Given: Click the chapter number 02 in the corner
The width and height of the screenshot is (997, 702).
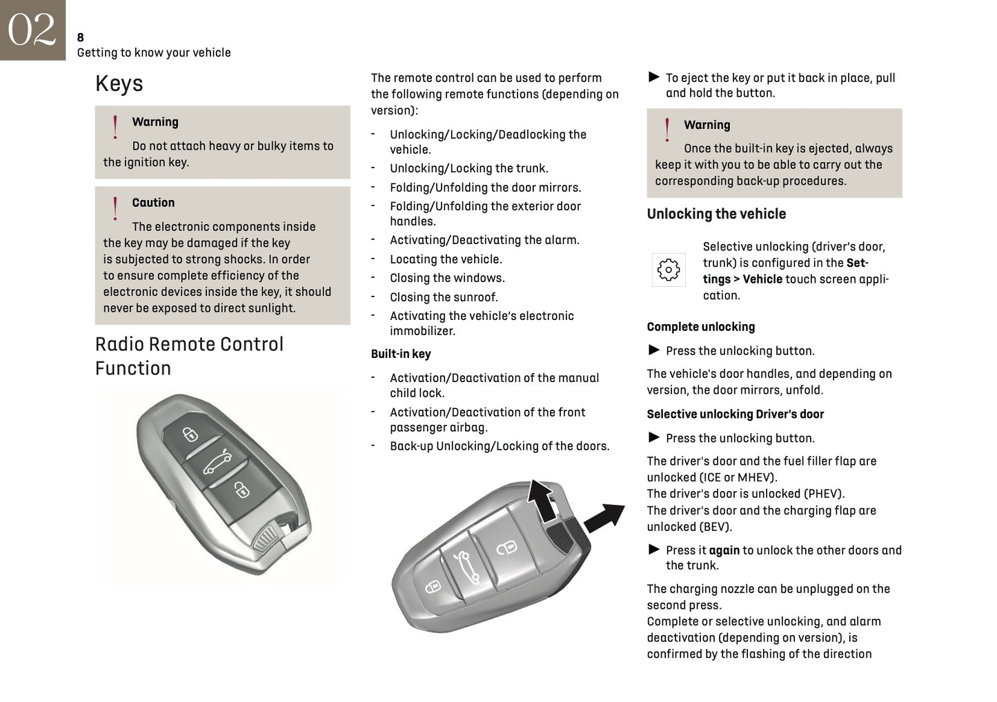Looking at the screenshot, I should (32, 30).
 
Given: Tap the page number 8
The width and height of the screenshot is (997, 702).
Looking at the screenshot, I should (81, 37).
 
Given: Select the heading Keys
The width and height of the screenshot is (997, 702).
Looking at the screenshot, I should (119, 83).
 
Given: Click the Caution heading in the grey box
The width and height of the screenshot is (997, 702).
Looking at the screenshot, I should (153, 203).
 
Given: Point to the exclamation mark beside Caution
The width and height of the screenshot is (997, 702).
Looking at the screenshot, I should (115, 208).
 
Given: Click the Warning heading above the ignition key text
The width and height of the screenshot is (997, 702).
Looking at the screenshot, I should (155, 122).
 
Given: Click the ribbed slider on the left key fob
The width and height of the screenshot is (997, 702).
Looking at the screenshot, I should (265, 539).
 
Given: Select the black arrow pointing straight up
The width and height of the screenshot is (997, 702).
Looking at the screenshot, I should (541, 500).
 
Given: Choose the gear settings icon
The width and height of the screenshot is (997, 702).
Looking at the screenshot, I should (669, 270).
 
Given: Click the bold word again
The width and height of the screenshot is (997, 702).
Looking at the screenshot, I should (724, 550).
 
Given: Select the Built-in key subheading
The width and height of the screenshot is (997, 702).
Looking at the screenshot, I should (401, 354).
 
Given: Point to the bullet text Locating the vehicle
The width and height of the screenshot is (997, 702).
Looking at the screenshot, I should (446, 259).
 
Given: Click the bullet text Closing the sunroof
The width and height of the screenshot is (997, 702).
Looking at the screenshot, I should (444, 297).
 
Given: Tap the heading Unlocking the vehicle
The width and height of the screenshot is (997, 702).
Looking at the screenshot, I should (716, 214).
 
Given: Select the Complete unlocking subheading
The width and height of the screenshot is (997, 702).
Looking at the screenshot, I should (700, 327).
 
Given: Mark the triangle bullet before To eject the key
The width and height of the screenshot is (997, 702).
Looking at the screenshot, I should (654, 77).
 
